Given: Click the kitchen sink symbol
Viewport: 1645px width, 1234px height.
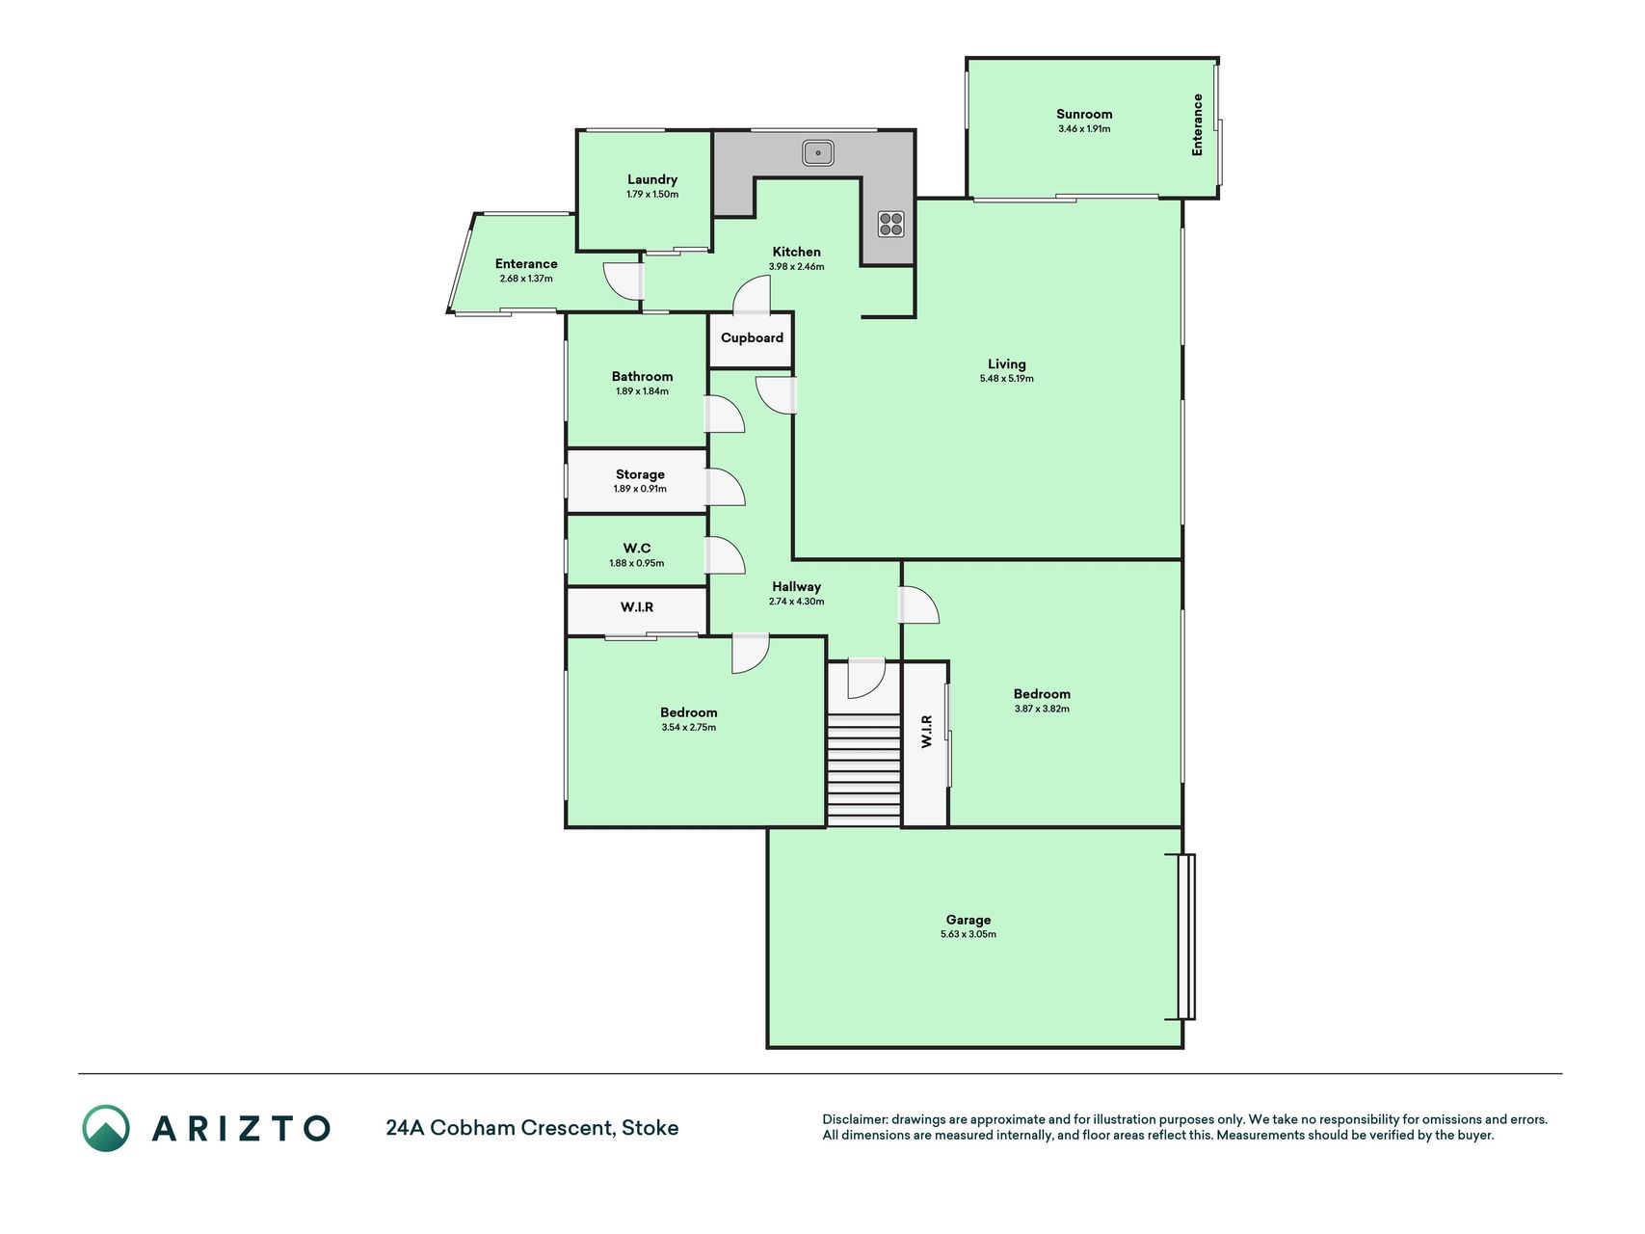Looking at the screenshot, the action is point(818,152).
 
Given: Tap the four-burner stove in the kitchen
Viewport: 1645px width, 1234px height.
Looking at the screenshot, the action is point(891,224).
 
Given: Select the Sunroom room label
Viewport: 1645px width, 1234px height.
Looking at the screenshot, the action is point(1084,114).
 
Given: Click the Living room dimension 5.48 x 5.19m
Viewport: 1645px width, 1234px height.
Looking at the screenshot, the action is point(1007,379).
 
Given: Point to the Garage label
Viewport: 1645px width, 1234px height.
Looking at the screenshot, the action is point(968,920).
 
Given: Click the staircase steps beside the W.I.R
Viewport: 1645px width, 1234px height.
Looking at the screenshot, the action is point(863,770).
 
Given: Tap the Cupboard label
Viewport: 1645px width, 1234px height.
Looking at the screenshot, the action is point(752,337).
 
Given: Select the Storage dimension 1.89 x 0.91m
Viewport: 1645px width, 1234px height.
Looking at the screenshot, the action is point(640,489).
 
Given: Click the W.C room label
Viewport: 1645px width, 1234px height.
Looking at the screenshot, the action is point(637,548).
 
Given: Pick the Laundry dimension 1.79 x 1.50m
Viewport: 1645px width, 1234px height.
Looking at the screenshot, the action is point(652,194).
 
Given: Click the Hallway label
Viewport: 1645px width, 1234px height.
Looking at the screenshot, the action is point(796,586).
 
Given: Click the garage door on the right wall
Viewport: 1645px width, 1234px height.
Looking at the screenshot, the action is point(1186,936).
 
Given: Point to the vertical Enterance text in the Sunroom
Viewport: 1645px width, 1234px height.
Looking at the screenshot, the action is point(1197,124).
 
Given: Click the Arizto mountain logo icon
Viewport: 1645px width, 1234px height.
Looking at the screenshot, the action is point(106,1128).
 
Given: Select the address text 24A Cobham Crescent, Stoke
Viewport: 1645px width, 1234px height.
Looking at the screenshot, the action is point(532,1128).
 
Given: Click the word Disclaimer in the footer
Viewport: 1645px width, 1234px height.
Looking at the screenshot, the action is point(854,1119).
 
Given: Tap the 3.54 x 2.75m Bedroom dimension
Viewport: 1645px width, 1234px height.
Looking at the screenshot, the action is point(689,727).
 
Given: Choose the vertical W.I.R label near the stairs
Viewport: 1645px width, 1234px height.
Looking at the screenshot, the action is point(926,731).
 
